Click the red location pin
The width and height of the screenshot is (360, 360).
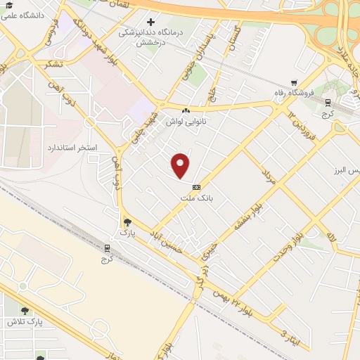click(x=181, y=165)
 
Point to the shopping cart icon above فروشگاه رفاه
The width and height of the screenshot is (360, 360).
click(x=293, y=82)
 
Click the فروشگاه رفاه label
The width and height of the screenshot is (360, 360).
click(x=299, y=93)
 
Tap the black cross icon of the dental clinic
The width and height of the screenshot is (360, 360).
click(x=150, y=22)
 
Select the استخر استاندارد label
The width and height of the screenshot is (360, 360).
click(x=75, y=148)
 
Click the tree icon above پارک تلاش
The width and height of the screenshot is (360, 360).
click(x=25, y=311)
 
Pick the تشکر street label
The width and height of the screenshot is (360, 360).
click(x=53, y=63)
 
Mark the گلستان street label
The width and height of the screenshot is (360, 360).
click(x=233, y=39)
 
